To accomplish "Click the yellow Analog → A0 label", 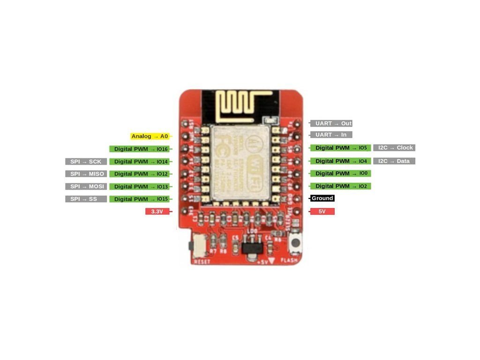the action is [x=150, y=136].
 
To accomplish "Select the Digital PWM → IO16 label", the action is [x=139, y=149].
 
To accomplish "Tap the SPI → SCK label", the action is [x=86, y=162].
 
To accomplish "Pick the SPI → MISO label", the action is [x=86, y=174].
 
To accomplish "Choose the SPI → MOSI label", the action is [x=86, y=187].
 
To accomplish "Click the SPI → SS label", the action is [x=86, y=199].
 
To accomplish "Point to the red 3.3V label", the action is [x=157, y=212].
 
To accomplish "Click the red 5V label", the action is [x=322, y=211].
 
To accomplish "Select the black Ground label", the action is [x=322, y=198].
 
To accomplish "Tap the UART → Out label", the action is [x=331, y=123].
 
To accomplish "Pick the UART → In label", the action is [x=331, y=135].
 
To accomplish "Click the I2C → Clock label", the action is [x=394, y=148].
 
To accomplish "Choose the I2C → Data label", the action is [x=394, y=161].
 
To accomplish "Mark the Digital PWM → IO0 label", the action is [x=340, y=173].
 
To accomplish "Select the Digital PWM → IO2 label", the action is [x=340, y=186].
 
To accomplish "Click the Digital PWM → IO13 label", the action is [x=139, y=187].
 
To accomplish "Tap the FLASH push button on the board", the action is [x=296, y=243].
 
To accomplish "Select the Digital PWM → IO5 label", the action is [x=340, y=148].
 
